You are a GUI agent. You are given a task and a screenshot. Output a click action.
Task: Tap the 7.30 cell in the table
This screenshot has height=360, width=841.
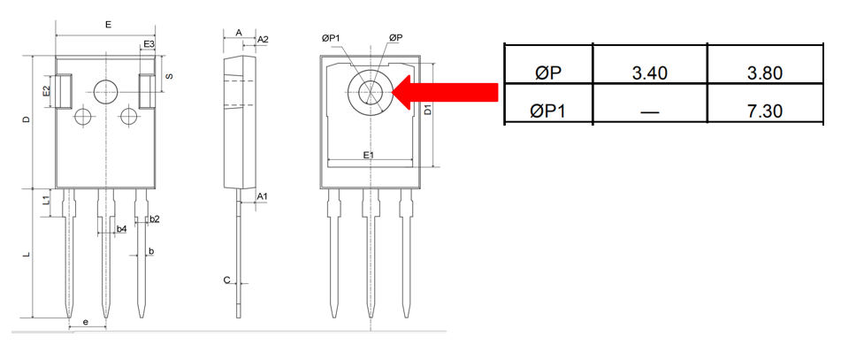pos(764,111)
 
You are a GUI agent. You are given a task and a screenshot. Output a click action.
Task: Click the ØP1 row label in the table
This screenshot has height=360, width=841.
pos(548,111)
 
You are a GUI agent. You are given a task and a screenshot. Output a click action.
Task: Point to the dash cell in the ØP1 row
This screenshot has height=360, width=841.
pos(649,111)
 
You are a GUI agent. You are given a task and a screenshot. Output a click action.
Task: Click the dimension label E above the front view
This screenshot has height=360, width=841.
pos(108,26)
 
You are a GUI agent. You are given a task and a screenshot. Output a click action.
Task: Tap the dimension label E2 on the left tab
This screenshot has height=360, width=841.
pos(46,91)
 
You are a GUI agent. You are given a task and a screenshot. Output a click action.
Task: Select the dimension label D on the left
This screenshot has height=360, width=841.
pos(27,120)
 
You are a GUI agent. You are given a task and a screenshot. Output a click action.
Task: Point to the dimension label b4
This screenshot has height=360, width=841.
pos(122,229)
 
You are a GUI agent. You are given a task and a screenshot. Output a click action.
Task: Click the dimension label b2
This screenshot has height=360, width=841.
pos(155,218)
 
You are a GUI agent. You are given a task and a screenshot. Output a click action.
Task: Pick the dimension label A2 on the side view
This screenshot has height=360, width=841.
pos(263,40)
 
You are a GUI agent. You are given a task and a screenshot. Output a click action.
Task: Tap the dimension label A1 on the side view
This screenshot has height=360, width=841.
pos(263,195)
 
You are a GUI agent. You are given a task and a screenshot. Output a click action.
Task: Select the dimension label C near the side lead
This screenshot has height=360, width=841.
pos(226,280)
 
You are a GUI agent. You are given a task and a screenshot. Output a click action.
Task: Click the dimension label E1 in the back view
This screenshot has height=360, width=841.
pos(370,155)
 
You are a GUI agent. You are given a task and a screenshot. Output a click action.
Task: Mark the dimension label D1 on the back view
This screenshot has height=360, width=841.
pos(427,110)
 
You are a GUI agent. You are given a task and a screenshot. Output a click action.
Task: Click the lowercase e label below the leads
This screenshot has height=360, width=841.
pos(85,322)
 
